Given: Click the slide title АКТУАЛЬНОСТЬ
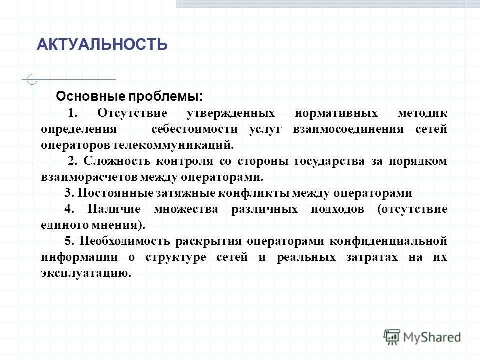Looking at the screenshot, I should point(102,45).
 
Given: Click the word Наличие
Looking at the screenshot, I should point(116,209).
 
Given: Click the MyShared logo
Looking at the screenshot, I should point(422,336).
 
